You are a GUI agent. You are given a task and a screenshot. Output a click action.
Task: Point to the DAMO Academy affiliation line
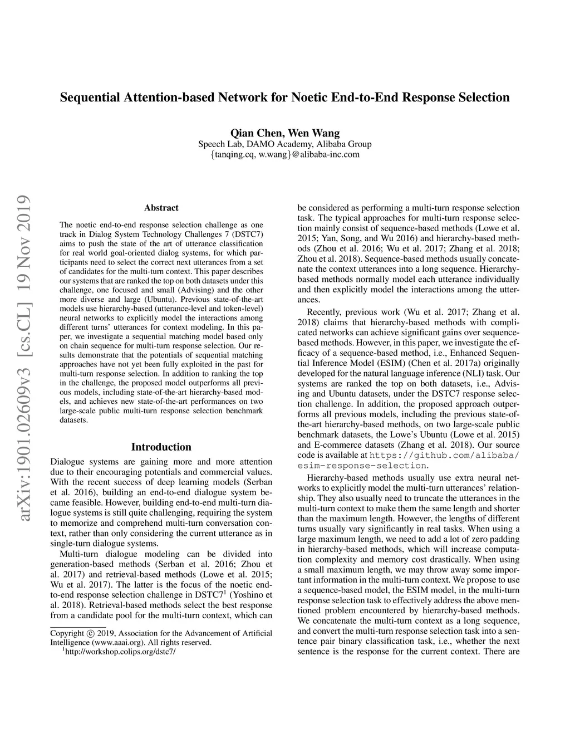284,144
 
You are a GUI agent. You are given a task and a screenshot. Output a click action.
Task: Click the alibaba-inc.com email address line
284,154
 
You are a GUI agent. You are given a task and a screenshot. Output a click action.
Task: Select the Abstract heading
161,208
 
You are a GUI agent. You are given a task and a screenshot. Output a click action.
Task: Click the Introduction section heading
161,447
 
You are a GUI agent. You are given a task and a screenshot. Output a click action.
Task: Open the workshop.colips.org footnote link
120,652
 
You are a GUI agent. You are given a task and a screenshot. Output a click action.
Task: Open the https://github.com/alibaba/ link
445,455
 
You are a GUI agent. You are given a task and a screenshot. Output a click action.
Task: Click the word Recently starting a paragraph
324,312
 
